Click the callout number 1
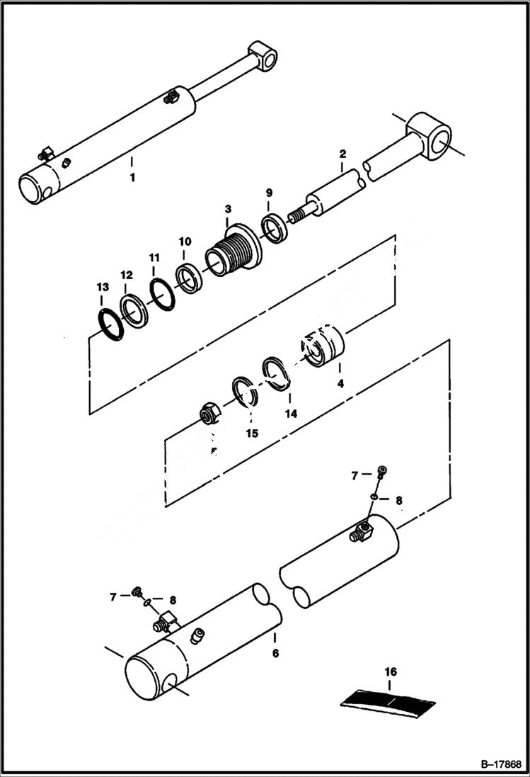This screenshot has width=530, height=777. tap(132, 177)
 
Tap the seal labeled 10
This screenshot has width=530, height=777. tap(189, 277)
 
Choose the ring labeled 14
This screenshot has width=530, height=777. tap(277, 373)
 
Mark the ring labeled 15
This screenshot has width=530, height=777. tap(244, 392)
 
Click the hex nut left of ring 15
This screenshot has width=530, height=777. tap(209, 413)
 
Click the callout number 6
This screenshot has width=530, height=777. tap(275, 653)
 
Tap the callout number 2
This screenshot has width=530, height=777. tap(342, 154)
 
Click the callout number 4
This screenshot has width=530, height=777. tap(340, 385)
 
